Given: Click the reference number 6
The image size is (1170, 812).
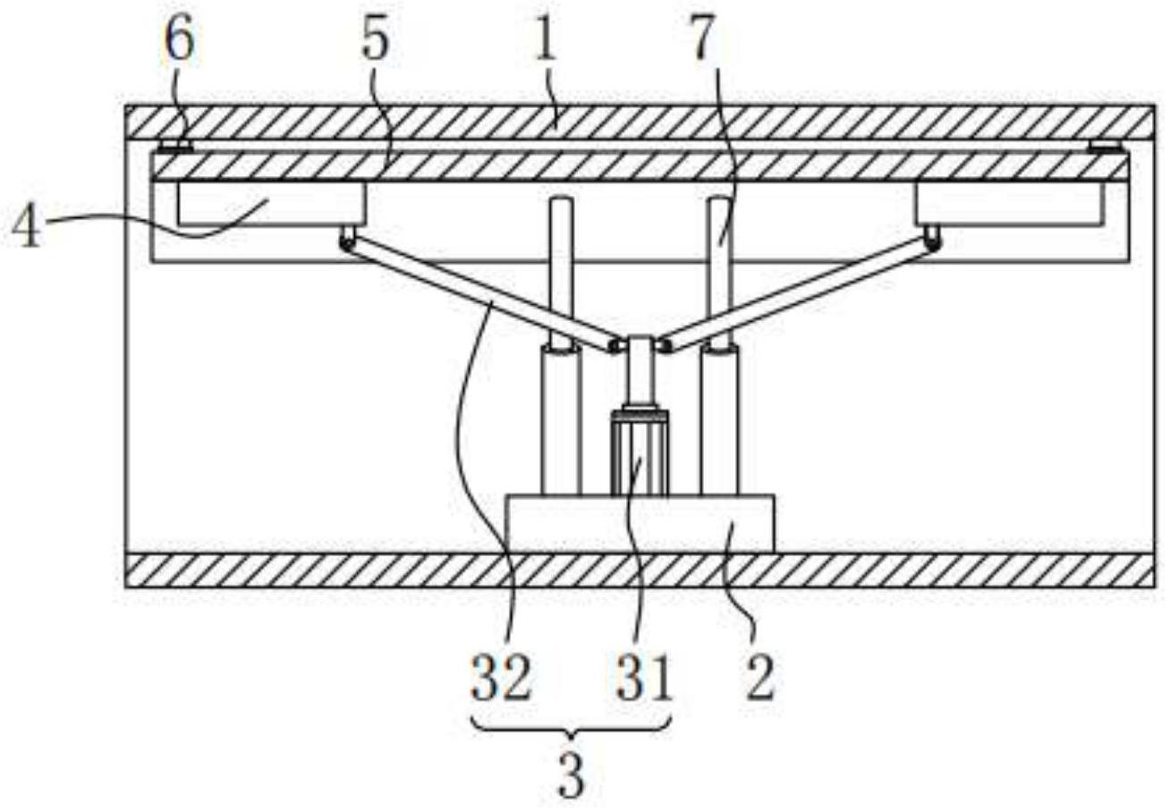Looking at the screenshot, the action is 179,41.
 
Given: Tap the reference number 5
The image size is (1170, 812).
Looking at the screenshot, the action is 375,41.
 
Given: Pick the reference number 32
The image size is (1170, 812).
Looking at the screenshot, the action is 501,679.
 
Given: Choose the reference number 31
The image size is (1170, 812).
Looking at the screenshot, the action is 644,679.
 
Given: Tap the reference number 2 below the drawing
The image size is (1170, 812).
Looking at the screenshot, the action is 760,679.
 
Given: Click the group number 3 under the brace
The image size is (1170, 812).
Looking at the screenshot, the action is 571,776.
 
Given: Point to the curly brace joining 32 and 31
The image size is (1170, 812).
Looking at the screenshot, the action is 571,728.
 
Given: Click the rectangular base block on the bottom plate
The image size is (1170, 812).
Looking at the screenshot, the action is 640,524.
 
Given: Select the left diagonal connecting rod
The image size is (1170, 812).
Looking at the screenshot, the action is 480,295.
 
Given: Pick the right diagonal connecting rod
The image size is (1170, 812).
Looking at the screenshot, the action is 799,294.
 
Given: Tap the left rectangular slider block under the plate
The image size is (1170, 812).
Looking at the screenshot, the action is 271,204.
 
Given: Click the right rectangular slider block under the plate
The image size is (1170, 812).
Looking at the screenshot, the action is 1008,204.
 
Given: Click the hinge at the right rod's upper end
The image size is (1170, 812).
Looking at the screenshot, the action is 932,238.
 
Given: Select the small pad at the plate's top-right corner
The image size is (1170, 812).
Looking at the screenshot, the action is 1103,147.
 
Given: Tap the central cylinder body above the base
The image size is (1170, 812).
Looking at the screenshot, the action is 639,453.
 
